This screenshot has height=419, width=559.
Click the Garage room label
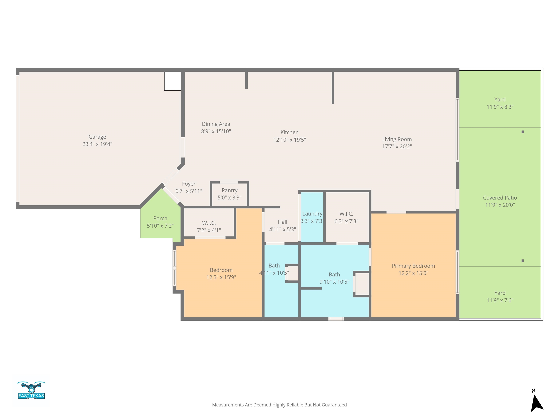(x=97, y=137)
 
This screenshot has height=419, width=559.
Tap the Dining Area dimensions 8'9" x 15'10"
(x=216, y=131)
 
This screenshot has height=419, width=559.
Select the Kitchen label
(x=290, y=132)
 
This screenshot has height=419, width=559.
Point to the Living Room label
(x=397, y=139)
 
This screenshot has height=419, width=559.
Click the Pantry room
(x=229, y=194)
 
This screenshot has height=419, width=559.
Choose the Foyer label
(x=189, y=184)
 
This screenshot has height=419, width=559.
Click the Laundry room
(x=312, y=217)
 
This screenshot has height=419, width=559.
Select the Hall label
(x=283, y=222)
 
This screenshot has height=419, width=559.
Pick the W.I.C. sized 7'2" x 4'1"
(x=209, y=223)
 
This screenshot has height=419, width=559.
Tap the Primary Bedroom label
(x=413, y=266)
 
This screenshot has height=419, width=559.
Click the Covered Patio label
(x=500, y=198)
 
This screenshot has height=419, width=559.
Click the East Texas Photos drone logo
(x=31, y=390)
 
